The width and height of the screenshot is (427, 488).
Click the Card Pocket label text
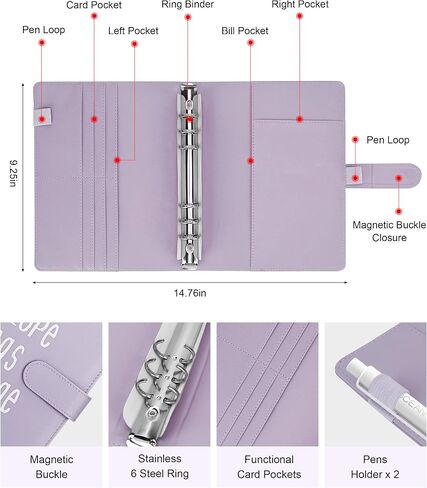[x=94, y=5]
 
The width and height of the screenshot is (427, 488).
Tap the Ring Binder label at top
[x=188, y=5]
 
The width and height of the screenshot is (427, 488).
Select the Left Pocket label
[x=133, y=31]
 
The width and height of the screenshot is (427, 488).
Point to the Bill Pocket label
[x=245, y=31]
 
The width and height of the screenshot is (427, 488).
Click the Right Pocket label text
[x=300, y=5]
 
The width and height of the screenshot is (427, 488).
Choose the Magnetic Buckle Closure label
[x=389, y=231]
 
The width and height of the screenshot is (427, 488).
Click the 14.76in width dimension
[x=190, y=293]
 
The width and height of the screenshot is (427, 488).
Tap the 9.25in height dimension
[x=13, y=173]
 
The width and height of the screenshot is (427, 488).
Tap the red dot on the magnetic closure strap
[x=399, y=178]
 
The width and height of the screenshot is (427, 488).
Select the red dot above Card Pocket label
[x=94, y=16]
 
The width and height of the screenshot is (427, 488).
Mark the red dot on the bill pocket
[x=251, y=161]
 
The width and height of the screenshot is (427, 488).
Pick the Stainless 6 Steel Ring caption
[x=159, y=466]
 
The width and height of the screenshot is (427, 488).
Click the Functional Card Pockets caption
[x=269, y=467]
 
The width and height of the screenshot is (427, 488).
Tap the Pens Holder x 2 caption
[x=375, y=467]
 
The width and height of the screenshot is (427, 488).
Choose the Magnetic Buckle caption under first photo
[x=51, y=467]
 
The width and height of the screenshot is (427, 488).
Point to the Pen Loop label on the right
[x=388, y=140]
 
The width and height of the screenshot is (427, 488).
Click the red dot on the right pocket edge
[x=300, y=119]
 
